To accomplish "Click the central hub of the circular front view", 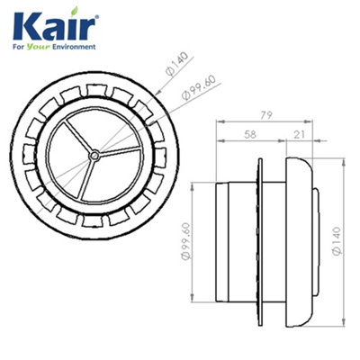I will coord(94,156).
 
